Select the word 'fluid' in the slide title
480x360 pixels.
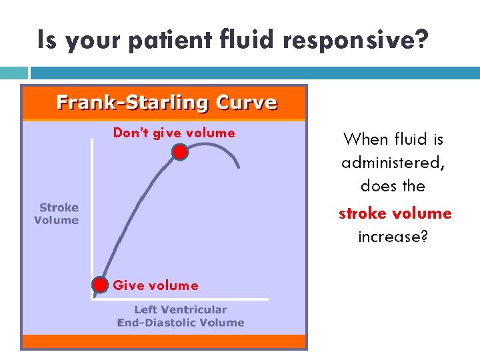(246, 40)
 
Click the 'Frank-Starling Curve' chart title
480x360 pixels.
(166, 103)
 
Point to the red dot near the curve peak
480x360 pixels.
(179, 152)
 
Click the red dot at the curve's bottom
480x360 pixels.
(100, 285)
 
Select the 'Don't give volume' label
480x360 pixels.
(174, 133)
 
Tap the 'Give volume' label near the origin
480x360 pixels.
(155, 285)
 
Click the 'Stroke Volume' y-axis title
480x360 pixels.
(57, 214)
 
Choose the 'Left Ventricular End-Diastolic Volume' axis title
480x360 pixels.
(181, 316)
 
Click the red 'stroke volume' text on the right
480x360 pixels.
(395, 213)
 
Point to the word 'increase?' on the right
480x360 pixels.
(393, 237)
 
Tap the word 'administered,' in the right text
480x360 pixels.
(392, 163)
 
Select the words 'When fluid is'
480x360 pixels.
(393, 139)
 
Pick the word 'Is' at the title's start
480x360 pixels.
(46, 41)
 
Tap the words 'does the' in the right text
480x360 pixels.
(393, 185)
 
